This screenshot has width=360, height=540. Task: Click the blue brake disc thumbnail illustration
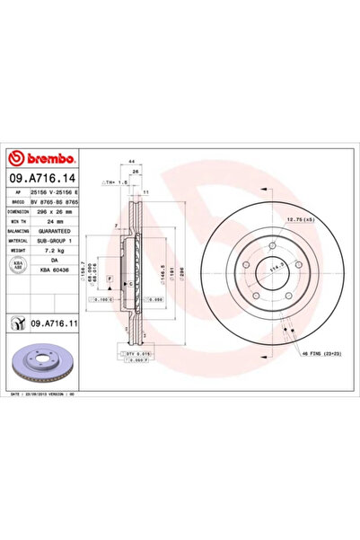(44, 363)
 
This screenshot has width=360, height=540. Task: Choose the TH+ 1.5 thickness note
(114, 184)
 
